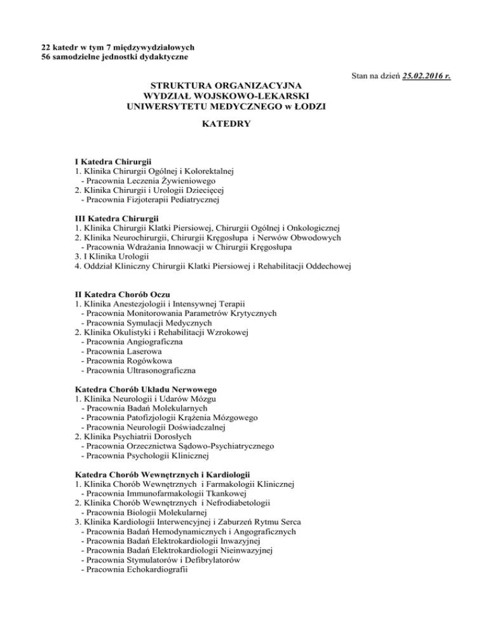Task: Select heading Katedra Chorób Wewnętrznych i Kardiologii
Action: tap(163, 474)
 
